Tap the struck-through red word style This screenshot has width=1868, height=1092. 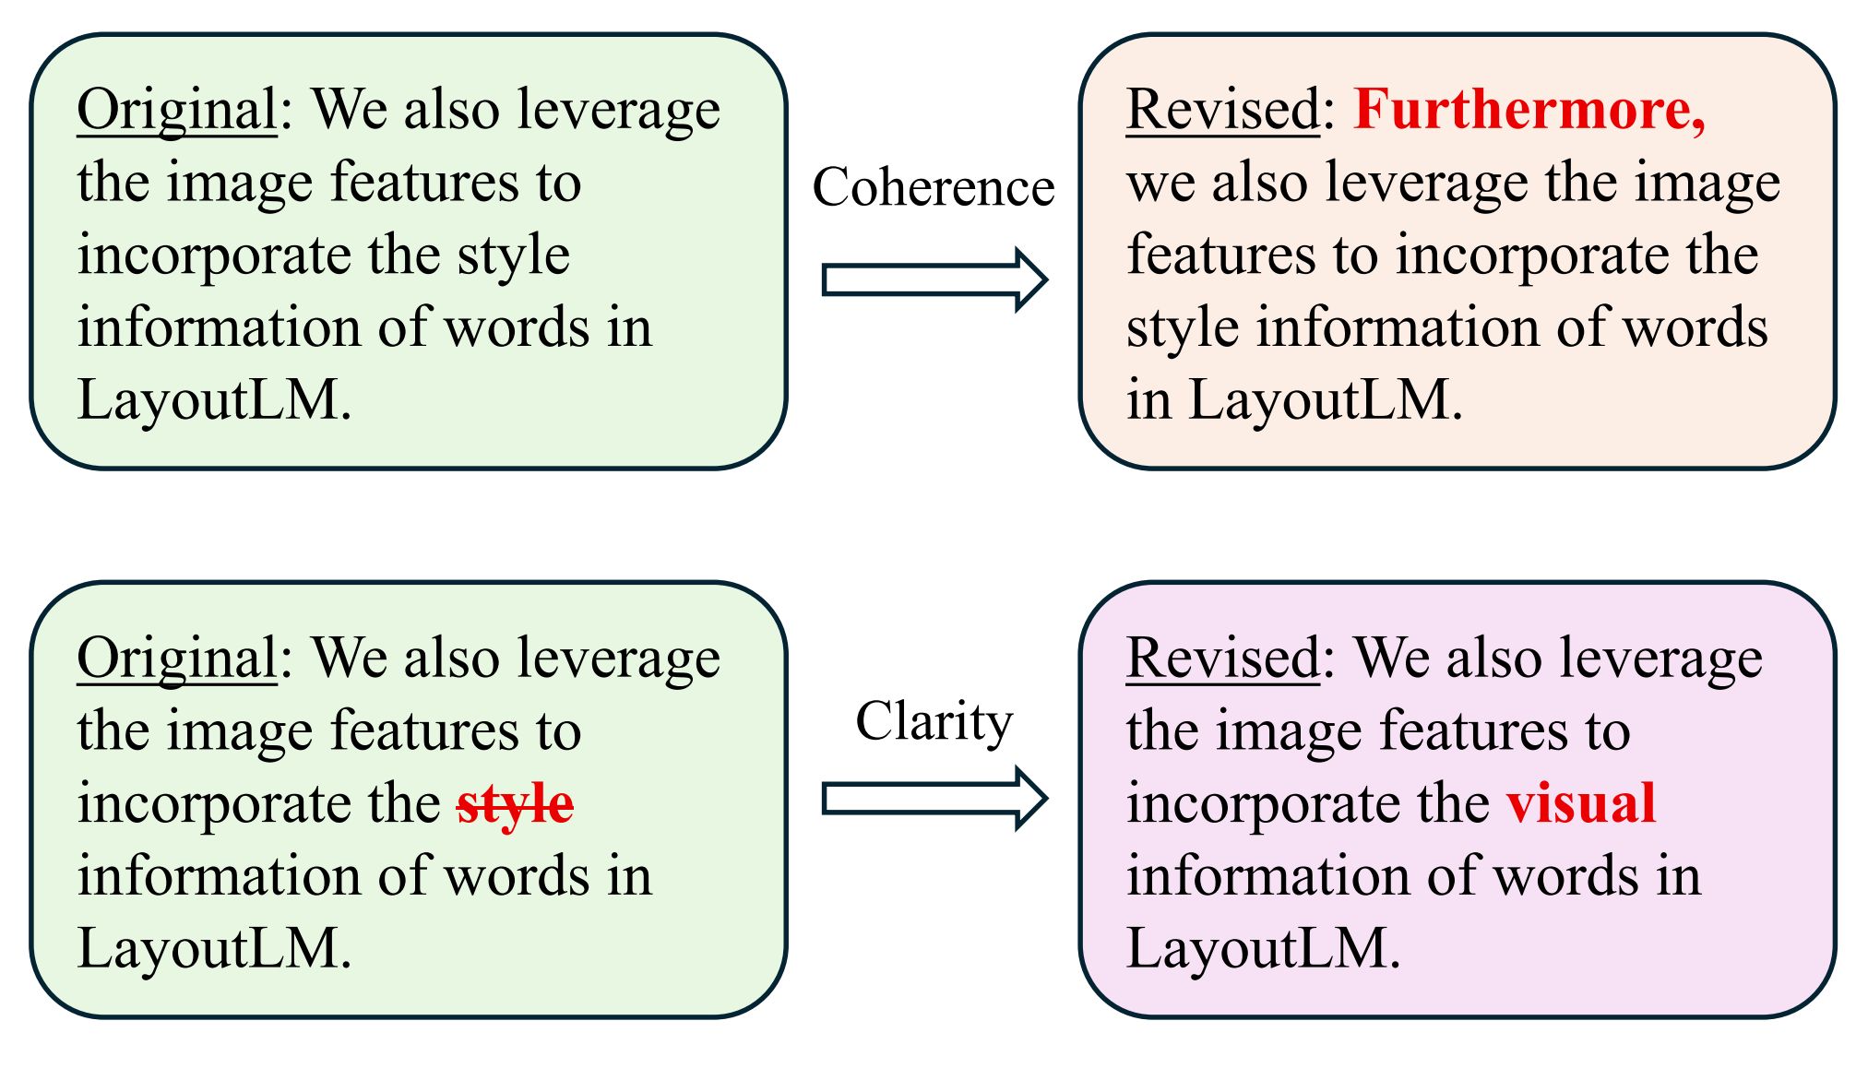pyautogui.click(x=515, y=803)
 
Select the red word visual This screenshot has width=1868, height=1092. pyautogui.click(x=1581, y=803)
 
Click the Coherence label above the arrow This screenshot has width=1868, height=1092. pyautogui.click(x=934, y=187)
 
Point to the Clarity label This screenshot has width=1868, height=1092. pyautogui.click(x=934, y=721)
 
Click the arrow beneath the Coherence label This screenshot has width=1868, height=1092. pyautogui.click(x=934, y=279)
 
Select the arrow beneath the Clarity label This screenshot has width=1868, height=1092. pyautogui.click(x=934, y=799)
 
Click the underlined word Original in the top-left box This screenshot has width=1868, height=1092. pyautogui.click(x=177, y=112)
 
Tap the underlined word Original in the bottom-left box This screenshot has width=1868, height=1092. pyautogui.click(x=177, y=659)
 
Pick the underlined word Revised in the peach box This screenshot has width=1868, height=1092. pyautogui.click(x=1223, y=110)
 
